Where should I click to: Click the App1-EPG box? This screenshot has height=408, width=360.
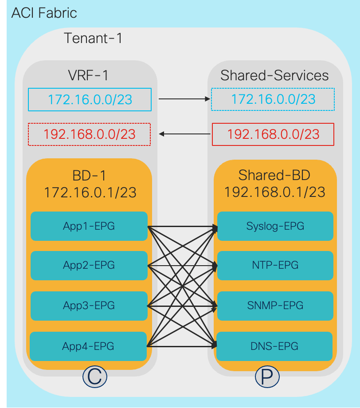pos(89,226)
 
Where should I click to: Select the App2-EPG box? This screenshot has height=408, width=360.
pos(89,265)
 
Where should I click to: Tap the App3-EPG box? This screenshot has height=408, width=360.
pos(89,305)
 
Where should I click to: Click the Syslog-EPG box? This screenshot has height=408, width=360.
pos(275,226)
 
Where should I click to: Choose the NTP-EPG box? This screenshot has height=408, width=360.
pos(275,265)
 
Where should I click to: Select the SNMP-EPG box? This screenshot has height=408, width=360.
pos(275,305)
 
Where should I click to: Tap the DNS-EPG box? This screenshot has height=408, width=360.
pos(275,345)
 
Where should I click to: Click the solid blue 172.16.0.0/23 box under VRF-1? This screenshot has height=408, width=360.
pos(90,99)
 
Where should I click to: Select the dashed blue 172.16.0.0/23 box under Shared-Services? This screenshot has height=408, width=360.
pos(273,99)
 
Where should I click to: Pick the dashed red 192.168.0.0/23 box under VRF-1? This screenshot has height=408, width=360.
pos(89,134)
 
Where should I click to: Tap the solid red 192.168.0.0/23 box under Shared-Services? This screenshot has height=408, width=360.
pos(273,134)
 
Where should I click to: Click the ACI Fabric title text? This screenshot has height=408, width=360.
pos(44,13)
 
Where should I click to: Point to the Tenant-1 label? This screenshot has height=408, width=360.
pos(93,39)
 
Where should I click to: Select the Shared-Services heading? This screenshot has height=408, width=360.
pos(274,75)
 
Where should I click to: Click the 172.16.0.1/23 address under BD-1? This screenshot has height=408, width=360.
pos(90,192)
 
